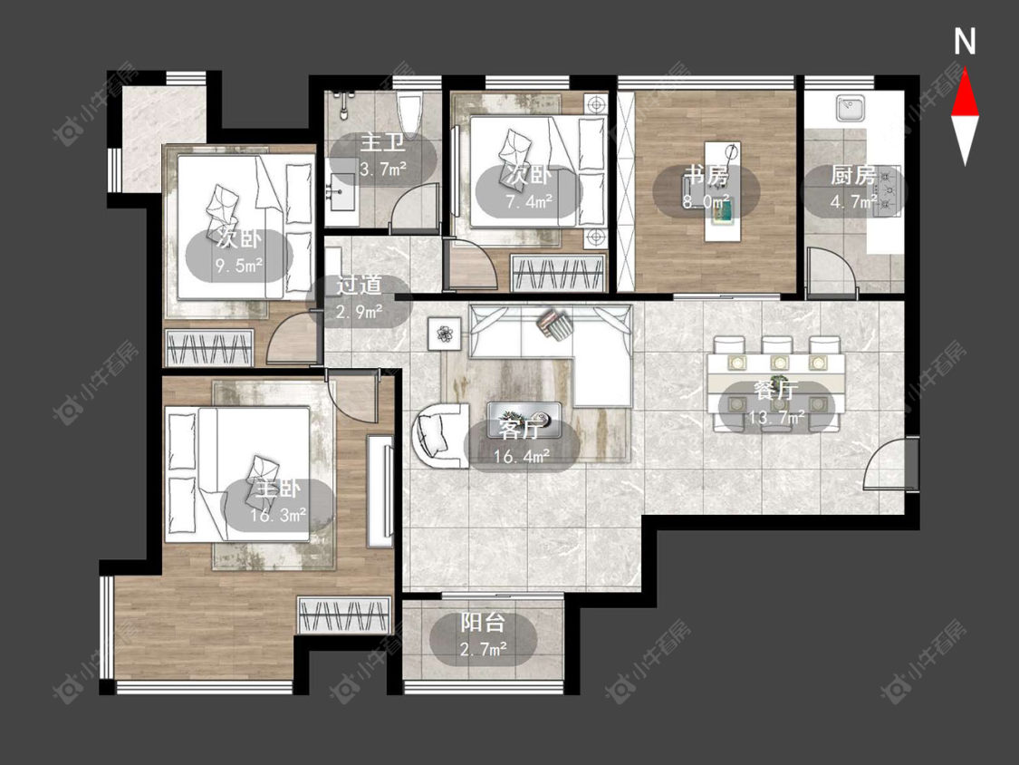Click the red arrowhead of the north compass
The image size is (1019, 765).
coord(965,93)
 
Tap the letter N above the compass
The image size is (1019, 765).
coord(965,42)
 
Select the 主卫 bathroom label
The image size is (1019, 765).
coord(383,143)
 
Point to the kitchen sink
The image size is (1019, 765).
coord(851,107)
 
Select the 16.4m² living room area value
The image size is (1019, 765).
coord(521,457)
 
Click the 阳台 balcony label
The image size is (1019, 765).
coord(483,623)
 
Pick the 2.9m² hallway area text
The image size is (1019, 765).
coord(359,312)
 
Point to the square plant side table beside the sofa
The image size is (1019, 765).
coord(444,334)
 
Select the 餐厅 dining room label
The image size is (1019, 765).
coord(775,391)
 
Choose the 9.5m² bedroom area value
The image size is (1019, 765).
coord(239,266)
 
